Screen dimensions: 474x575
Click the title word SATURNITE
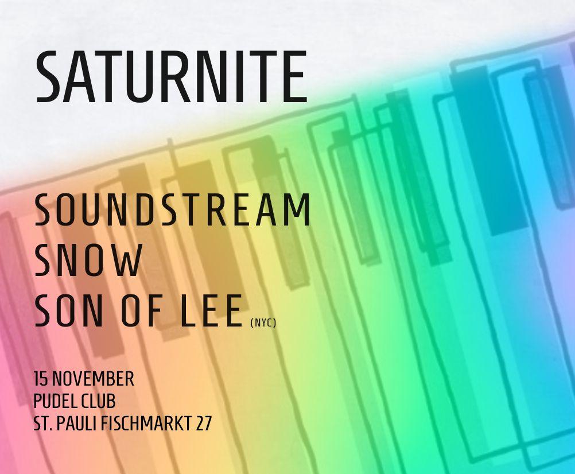(x=171, y=77)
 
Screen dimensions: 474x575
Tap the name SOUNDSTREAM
(x=172, y=211)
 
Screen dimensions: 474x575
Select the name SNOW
(x=88, y=261)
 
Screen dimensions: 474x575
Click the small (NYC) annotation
(x=263, y=324)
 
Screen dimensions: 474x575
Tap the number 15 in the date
(x=41, y=379)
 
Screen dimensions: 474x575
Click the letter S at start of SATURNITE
(x=50, y=77)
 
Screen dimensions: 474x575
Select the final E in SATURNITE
(x=294, y=77)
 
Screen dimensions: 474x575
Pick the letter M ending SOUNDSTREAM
(x=298, y=211)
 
